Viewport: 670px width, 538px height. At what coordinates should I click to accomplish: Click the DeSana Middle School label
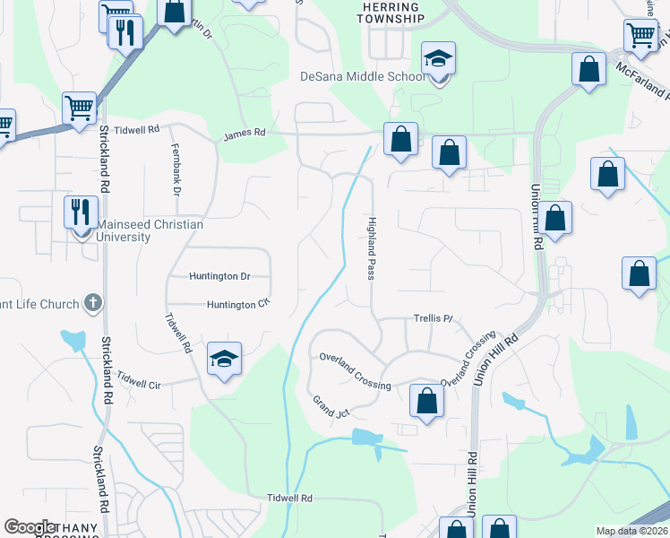coord(362,76)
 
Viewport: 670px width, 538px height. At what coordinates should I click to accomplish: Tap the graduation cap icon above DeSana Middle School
coord(438,60)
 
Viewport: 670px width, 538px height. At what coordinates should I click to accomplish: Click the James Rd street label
coord(245,133)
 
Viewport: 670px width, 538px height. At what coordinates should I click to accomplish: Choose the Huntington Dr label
coord(219,276)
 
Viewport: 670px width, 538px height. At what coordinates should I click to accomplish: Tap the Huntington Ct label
coord(238,305)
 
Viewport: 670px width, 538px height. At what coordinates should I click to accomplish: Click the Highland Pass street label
coord(370,247)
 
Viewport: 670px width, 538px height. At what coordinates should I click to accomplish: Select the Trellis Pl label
coord(434,318)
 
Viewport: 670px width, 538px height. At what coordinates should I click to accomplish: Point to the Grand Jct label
coord(330,406)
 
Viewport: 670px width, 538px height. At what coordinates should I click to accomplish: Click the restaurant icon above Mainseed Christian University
coord(81,213)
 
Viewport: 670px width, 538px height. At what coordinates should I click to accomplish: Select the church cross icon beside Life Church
coord(92,303)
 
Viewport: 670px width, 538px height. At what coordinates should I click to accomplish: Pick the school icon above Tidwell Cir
coord(223,360)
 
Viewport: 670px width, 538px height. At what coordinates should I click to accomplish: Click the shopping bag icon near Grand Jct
coord(427,401)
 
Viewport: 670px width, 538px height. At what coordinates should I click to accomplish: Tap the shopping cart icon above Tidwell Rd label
coord(80,108)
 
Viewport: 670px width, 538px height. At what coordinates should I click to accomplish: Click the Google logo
coord(30,527)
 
